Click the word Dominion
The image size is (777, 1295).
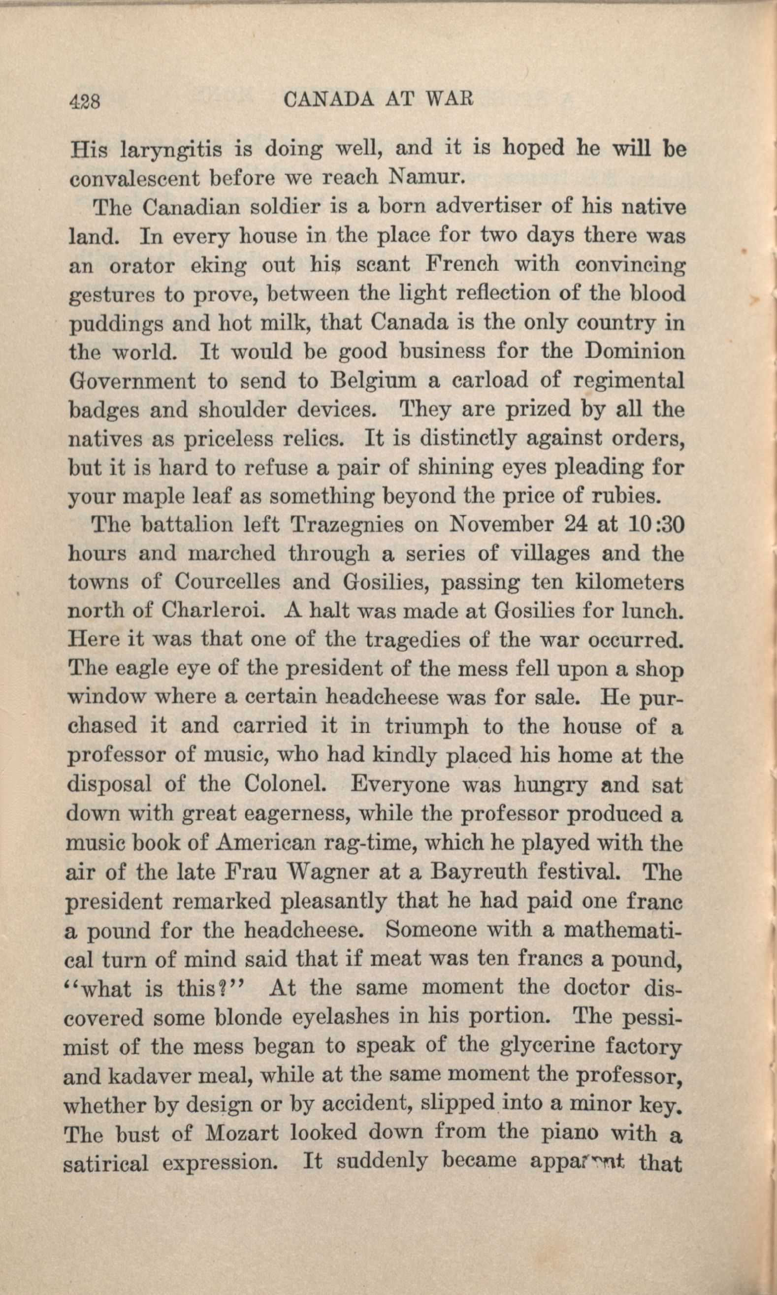point(634,351)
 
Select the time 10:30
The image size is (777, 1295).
point(655,524)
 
